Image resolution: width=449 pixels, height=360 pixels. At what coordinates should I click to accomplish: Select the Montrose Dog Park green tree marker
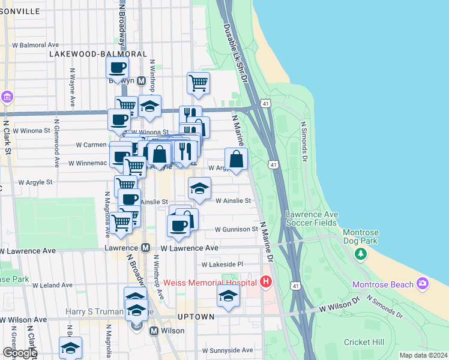(x=360, y=254)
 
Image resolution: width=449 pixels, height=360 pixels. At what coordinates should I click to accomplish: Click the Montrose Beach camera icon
(x=423, y=283)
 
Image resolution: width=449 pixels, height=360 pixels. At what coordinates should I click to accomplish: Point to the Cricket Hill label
(x=364, y=342)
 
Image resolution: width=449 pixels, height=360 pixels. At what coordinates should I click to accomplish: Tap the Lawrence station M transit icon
(x=145, y=247)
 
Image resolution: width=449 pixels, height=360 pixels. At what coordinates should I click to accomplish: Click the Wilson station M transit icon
(x=154, y=331)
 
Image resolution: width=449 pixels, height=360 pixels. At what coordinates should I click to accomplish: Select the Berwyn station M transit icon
(x=142, y=81)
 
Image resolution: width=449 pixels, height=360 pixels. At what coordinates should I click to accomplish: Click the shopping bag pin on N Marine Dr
(x=237, y=159)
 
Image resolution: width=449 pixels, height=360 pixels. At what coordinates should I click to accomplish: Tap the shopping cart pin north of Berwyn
(x=198, y=83)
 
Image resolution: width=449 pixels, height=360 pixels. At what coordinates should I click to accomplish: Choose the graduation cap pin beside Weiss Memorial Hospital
(x=228, y=296)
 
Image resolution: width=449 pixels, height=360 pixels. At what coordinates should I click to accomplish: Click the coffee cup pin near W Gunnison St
(x=178, y=226)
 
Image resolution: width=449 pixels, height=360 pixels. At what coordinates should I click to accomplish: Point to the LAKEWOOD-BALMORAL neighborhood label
(x=98, y=54)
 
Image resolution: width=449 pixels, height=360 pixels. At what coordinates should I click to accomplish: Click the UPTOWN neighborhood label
(x=196, y=316)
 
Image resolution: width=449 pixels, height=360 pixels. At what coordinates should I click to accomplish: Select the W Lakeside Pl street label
(x=222, y=264)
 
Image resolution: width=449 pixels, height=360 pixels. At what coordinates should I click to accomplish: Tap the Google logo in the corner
(x=19, y=353)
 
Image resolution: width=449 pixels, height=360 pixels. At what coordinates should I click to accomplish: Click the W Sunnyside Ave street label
(x=228, y=350)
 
